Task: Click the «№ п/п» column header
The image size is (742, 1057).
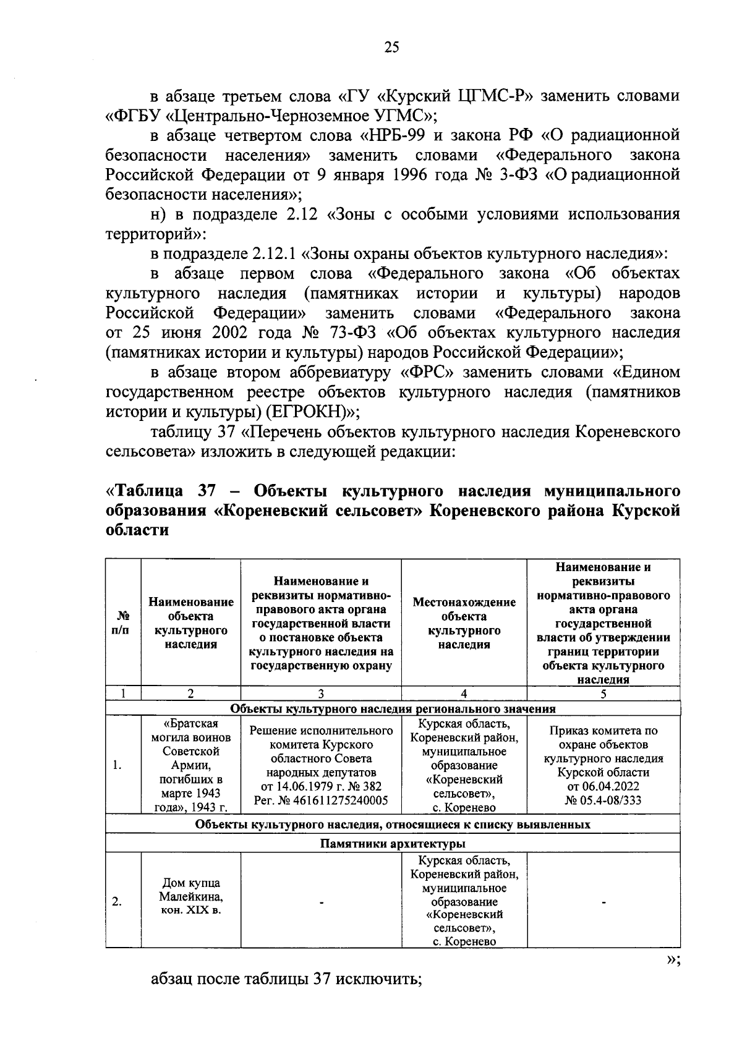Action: click(123, 622)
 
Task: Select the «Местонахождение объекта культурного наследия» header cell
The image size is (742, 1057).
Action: click(464, 622)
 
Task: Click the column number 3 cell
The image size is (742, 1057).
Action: click(321, 693)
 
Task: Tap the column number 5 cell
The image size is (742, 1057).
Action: click(603, 693)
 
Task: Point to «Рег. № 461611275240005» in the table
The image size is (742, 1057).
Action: click(321, 800)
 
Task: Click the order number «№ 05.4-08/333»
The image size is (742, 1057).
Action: click(603, 800)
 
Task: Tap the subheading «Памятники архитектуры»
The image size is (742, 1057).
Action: click(393, 844)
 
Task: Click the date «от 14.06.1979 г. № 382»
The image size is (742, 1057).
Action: click(321, 786)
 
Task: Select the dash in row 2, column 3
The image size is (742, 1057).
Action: click(322, 903)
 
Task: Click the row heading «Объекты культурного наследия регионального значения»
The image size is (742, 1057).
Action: click(393, 708)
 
